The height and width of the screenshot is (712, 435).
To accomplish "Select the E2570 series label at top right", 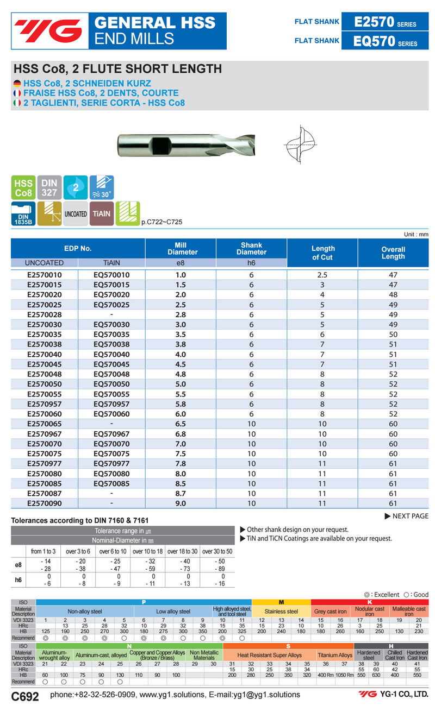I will click(x=385, y=22).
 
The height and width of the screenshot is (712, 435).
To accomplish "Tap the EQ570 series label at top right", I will click(x=385, y=41).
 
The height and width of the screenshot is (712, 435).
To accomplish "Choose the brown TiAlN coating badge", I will click(x=101, y=213).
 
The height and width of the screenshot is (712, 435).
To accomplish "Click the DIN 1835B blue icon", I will click(x=23, y=214).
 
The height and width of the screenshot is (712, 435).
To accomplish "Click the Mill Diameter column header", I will click(x=181, y=249).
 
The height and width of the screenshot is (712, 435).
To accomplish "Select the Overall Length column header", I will click(x=393, y=253).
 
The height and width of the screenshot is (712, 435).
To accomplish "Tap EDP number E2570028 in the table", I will click(x=45, y=314).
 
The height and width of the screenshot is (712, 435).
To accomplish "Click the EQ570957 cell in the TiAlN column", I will click(x=111, y=404).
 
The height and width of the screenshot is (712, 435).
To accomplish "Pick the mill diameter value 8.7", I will click(x=181, y=493).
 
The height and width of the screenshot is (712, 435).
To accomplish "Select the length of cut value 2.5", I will click(x=322, y=275).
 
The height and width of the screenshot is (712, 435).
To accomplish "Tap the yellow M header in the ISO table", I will click(x=281, y=602).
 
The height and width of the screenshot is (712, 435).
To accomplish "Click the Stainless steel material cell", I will click(x=281, y=612).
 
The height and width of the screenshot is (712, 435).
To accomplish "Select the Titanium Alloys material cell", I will click(x=335, y=656).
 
